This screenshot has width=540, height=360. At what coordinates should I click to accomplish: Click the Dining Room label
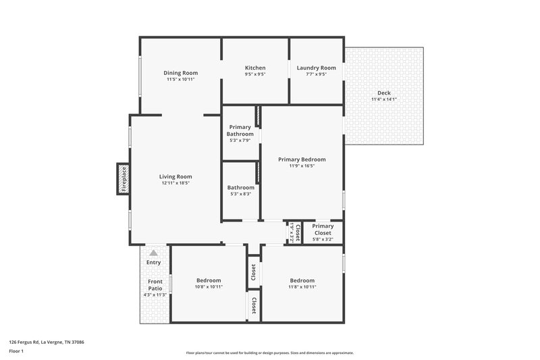click(x=180, y=73)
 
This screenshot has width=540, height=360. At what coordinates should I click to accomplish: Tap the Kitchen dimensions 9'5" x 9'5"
click(x=255, y=74)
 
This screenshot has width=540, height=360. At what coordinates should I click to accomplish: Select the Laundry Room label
click(x=316, y=68)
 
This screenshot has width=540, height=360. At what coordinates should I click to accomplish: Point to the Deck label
click(x=383, y=93)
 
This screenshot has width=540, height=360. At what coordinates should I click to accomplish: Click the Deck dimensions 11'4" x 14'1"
click(x=383, y=99)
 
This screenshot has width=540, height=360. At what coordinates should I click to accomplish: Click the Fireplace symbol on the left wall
click(x=123, y=179)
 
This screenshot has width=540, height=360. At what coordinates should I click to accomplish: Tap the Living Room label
click(x=175, y=176)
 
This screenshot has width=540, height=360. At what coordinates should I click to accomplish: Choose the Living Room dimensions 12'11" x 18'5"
click(x=175, y=183)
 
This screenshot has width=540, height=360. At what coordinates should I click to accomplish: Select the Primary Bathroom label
click(x=240, y=130)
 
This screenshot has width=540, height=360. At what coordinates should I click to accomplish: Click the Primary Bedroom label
click(x=302, y=159)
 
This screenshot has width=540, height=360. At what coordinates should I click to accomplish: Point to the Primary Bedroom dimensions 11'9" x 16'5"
click(x=302, y=166)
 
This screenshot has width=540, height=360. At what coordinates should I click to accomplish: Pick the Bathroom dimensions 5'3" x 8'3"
click(x=240, y=195)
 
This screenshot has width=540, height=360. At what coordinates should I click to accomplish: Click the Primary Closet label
click(x=323, y=230)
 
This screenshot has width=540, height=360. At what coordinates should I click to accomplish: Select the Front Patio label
click(x=155, y=284)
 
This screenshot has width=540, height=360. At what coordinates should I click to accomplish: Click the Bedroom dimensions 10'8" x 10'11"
click(x=209, y=287)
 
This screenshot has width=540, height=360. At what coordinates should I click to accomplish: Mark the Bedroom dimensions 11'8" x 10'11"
click(x=302, y=287)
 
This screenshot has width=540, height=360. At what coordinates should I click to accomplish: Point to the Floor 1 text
click(x=16, y=352)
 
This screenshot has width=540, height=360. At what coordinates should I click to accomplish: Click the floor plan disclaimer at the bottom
click(x=269, y=353)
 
